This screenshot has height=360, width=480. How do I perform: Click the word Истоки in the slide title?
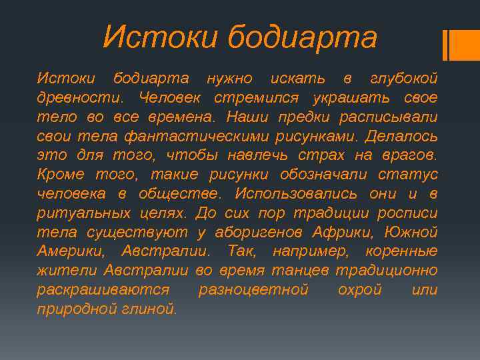click(159, 37)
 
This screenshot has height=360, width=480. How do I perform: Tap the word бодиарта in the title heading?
click(301, 37)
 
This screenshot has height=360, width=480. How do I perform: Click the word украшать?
click(345, 99)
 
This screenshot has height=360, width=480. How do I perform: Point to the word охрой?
click(359, 291)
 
